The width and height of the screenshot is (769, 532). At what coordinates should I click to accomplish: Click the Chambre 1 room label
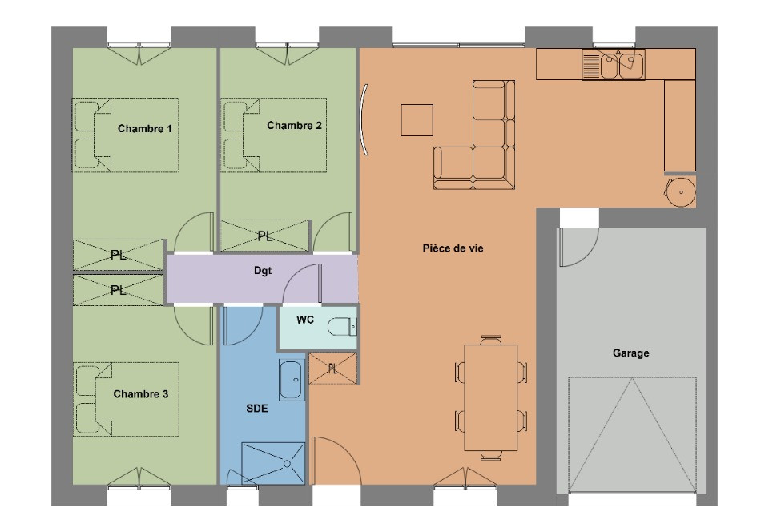coord(145,129)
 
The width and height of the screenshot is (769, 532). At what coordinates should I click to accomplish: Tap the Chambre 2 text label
coord(294,126)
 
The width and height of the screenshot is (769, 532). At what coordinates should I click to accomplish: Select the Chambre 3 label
coord(141,394)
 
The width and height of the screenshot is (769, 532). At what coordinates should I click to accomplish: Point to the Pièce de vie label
coord(453,248)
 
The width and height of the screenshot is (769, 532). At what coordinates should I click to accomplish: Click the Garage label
coord(630,353)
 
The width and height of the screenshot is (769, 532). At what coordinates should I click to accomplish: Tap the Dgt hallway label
coord(263,271)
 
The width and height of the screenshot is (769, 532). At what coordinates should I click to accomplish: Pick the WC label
coord(305,320)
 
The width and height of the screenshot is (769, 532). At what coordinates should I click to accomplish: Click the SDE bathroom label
coord(257,409)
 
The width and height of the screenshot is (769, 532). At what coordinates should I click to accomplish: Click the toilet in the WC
coord(342,327)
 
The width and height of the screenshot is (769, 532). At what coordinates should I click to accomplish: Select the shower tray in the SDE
coord(273,463)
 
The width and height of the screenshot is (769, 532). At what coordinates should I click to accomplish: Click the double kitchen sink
coord(614,64)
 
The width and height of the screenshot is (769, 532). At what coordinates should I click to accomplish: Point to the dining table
coord(491,397)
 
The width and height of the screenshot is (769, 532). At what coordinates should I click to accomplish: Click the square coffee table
coord(417,120)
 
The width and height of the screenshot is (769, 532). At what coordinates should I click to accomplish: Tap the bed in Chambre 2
coord(274,135)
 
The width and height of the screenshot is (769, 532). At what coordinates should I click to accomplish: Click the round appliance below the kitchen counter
coord(680,191)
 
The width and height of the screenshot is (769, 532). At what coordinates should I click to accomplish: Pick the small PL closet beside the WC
coord(333,369)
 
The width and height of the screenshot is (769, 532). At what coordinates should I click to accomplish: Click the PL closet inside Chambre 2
coord(265,236)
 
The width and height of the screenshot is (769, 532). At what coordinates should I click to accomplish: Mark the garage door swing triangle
coord(632,434)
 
